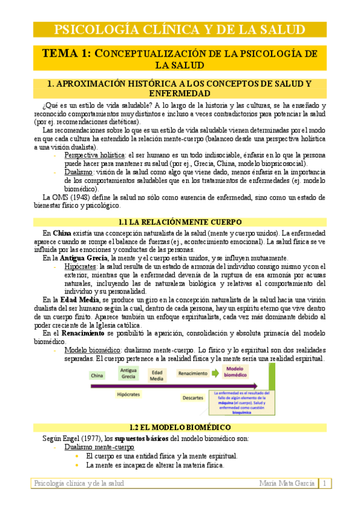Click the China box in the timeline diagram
tap(97, 375)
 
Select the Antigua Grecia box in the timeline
tap(128, 373)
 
